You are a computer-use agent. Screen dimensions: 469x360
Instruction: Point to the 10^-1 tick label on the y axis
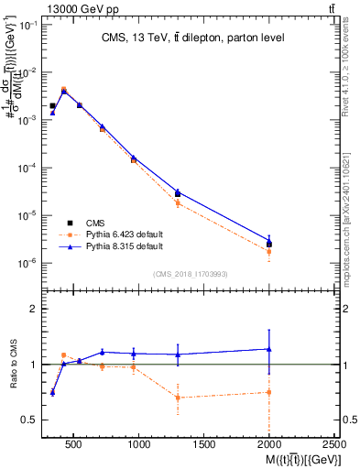[26, 25]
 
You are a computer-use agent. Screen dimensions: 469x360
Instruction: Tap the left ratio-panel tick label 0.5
[27, 420]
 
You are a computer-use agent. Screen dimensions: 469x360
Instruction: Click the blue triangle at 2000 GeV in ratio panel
[269, 348]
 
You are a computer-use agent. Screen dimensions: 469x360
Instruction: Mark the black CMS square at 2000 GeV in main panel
[269, 244]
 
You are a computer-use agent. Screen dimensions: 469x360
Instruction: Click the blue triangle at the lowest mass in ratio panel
[52, 392]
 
